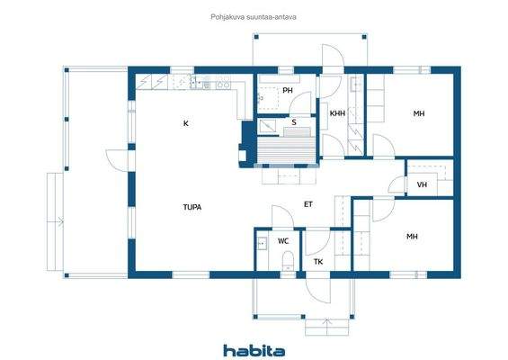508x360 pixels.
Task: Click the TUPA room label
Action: [x=192, y=207]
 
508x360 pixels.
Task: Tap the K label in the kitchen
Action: [x=186, y=122]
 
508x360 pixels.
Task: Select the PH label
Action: [x=288, y=91]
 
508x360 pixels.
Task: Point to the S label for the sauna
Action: [x=293, y=121]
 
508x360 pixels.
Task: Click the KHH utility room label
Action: [x=337, y=113]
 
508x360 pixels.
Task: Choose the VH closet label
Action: [x=422, y=185]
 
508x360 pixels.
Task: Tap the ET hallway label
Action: [x=308, y=204]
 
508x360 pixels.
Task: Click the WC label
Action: [x=282, y=241]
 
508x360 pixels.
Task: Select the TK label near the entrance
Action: [x=317, y=262]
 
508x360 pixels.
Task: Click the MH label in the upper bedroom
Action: [x=419, y=113]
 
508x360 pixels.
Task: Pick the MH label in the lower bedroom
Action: [x=412, y=237]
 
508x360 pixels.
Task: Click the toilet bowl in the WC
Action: [x=287, y=261]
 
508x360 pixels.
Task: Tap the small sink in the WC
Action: [x=262, y=242]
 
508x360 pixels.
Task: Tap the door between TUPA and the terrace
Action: [x=117, y=160]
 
